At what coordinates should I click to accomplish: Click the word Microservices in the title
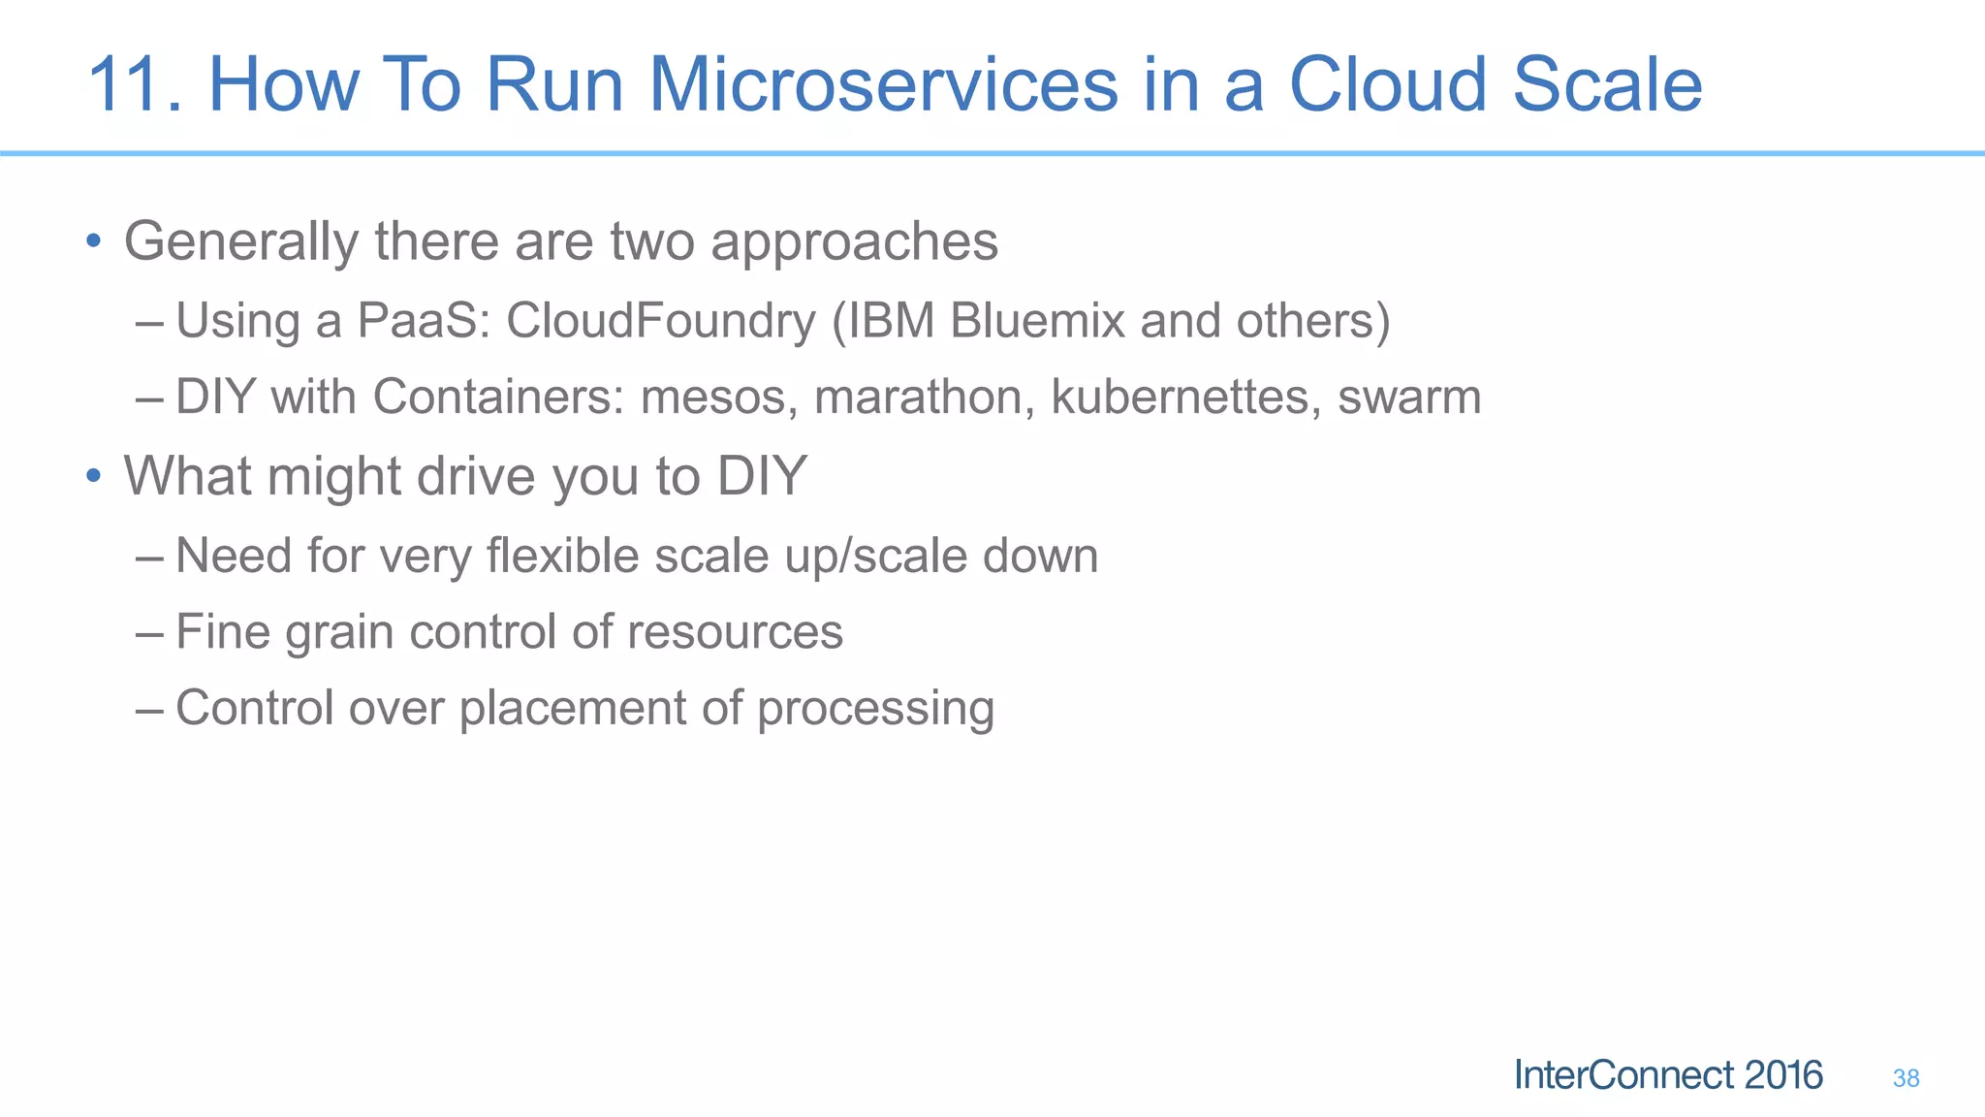coord(883,85)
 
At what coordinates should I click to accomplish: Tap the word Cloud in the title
coord(1387,85)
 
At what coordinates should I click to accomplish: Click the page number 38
coord(1906,1078)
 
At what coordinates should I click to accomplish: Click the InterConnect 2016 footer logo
coord(1667,1075)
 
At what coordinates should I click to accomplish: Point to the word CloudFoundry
coord(660,321)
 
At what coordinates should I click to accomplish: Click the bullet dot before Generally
coord(93,240)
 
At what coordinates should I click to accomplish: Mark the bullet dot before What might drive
coord(93,476)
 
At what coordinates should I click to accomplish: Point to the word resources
coord(735,632)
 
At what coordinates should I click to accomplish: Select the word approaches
coord(854,242)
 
